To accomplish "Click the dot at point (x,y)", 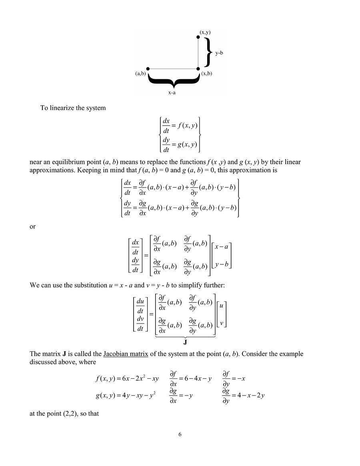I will click(198, 37).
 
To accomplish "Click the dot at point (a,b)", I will click(148, 69).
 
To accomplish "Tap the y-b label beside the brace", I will click(219, 52).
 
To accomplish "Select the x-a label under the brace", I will click(172, 92).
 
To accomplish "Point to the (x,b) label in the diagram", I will click(207, 74).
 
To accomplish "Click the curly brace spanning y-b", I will click(208, 52).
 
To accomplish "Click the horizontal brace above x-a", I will click(173, 80).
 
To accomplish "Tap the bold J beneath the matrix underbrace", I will click(185, 343).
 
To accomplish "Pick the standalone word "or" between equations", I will click(33, 226).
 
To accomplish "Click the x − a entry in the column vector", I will click(221, 247).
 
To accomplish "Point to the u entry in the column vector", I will click(222, 305).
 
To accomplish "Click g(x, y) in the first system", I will click(187, 144).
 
